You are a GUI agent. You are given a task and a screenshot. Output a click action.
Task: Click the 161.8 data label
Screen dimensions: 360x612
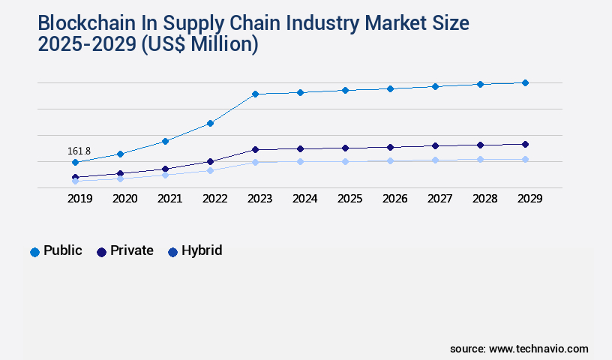[79, 151]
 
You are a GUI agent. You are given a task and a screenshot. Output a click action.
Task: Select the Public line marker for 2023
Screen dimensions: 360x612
[255, 94]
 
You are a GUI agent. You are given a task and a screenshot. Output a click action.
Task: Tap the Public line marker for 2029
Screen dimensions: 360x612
[525, 82]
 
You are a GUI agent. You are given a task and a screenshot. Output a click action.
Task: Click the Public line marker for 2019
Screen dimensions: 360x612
[75, 162]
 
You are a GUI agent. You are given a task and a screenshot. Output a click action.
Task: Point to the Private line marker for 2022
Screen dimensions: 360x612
[210, 161]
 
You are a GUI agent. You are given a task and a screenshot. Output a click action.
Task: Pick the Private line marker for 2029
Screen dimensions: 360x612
[525, 144]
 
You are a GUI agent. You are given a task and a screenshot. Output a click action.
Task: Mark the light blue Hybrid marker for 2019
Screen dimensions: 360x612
[75, 181]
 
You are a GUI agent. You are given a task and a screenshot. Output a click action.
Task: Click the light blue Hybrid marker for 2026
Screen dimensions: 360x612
[390, 160]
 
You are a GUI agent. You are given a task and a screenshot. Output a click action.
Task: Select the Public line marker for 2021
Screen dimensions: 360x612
[165, 141]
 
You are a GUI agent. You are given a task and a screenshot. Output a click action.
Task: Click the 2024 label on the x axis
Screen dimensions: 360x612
[304, 199]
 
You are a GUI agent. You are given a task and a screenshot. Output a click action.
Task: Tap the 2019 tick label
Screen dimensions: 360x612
[79, 199]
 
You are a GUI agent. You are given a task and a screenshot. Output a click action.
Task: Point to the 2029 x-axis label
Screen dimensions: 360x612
[529, 199]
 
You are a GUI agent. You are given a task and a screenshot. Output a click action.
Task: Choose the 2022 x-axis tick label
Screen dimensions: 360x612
[214, 199]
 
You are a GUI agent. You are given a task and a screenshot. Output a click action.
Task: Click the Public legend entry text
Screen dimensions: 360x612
[63, 250]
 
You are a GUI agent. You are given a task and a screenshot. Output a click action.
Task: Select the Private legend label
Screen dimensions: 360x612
[131, 250]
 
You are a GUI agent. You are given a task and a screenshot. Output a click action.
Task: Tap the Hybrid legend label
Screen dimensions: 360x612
[202, 250]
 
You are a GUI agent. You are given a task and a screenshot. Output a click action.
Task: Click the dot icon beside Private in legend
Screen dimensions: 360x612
[101, 252]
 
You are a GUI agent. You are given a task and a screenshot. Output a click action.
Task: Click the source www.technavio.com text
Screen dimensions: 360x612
[519, 349]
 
